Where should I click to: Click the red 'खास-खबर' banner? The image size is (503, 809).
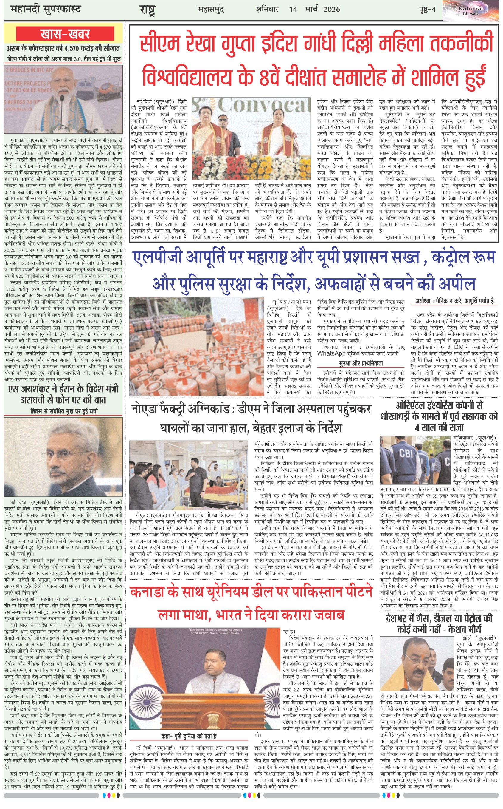tap(65, 34)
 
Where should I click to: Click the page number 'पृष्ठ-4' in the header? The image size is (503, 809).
tap(427, 9)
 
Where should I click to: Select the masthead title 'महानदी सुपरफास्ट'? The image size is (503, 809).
tap(46, 9)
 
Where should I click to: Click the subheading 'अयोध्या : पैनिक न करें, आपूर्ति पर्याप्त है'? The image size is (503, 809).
tap(454, 301)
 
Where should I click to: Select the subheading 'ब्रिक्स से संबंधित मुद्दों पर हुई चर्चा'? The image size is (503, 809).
tap(64, 411)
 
